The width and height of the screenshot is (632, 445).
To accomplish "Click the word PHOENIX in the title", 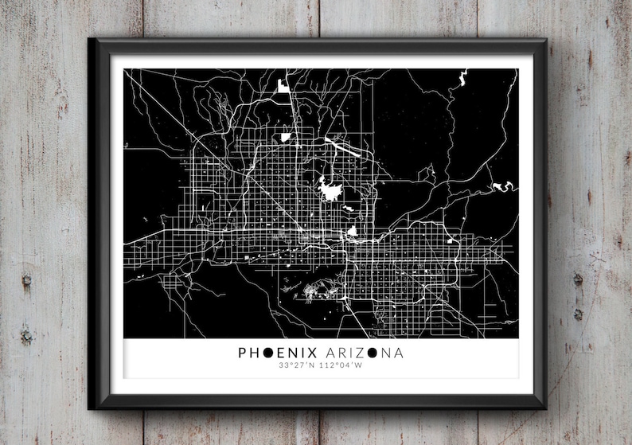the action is pyautogui.click(x=278, y=352).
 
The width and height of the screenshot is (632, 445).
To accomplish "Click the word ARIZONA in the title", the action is pyautogui.click(x=363, y=352).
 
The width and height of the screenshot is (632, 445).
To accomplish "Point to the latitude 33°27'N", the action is pyautogui.click(x=295, y=366).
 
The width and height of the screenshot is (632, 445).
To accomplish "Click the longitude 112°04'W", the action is pyautogui.click(x=341, y=366).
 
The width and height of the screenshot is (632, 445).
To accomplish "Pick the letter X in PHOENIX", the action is pyautogui.click(x=314, y=352).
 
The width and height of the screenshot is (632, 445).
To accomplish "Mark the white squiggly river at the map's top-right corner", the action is pyautogui.click(x=461, y=77).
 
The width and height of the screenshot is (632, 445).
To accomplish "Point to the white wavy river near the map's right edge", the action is pyautogui.click(x=504, y=186).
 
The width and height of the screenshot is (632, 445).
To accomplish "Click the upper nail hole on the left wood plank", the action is pyautogui.click(x=25, y=280).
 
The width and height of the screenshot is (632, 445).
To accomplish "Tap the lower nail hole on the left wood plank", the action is pyautogui.click(x=26, y=337).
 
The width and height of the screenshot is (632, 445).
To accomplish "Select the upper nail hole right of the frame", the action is pyautogui.click(x=578, y=279).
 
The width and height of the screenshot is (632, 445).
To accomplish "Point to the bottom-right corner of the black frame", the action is pyautogui.click(x=546, y=408).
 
